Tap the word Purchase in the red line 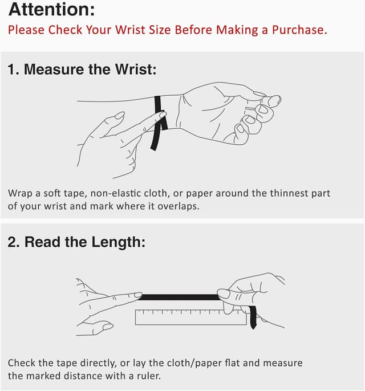coord(299,30)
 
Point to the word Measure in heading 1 coord(54,69)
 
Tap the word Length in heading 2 coord(118,242)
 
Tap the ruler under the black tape coord(191,317)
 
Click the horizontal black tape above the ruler coord(179,297)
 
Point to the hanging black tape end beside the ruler coord(253,317)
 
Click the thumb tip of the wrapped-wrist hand coord(274,100)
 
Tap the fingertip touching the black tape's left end coord(138,295)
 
